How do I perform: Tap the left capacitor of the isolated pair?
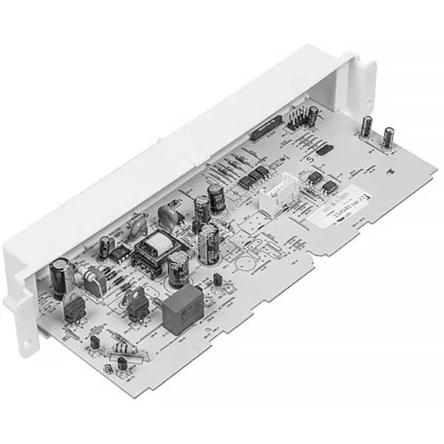pos(367,126)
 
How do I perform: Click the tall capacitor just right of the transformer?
pos(179,269)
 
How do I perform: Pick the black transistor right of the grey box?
pos(218,279)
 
